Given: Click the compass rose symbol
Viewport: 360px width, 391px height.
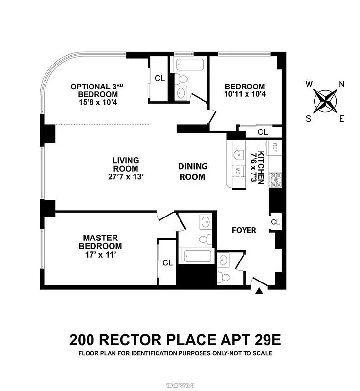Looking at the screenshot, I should coord(325,101).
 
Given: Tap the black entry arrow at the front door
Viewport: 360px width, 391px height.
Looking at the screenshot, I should coord(259,291).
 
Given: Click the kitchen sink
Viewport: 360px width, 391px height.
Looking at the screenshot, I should coord(237,154).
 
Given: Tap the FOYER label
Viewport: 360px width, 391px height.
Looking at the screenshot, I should coord(244,230).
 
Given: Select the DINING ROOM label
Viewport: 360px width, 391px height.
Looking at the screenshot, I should coord(192,172).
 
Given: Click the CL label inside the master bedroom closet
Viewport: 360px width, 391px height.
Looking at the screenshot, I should coord(168,263).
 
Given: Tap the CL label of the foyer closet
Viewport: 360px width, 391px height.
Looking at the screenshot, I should coord(275,222).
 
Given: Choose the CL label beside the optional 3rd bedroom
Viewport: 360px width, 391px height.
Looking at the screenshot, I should coord(159,78).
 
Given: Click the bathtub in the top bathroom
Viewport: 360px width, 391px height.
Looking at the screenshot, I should coord(188,64).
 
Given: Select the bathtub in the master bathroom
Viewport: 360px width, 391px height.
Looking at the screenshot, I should coord(197,256).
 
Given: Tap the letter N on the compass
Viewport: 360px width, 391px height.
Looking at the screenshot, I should coord(342,84).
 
